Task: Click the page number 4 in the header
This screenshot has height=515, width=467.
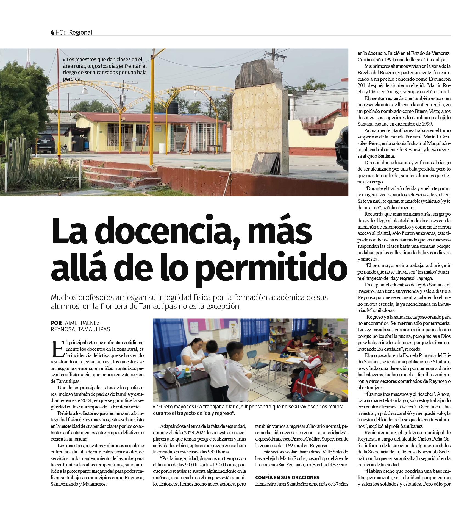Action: tap(52, 32)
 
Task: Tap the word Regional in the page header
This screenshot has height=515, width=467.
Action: tap(80, 32)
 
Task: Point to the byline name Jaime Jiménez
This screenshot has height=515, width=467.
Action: tap(81, 323)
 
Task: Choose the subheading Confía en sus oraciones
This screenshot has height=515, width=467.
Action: tap(287, 477)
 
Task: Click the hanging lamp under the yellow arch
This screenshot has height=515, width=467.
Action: tap(85, 89)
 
